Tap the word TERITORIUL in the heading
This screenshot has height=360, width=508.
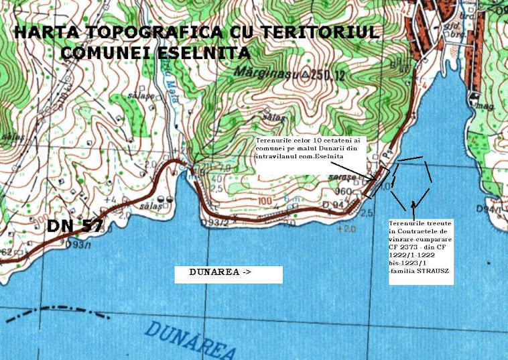[328, 32]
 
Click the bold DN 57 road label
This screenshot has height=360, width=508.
[74, 227]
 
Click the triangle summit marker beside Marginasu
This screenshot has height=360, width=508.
[303, 74]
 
